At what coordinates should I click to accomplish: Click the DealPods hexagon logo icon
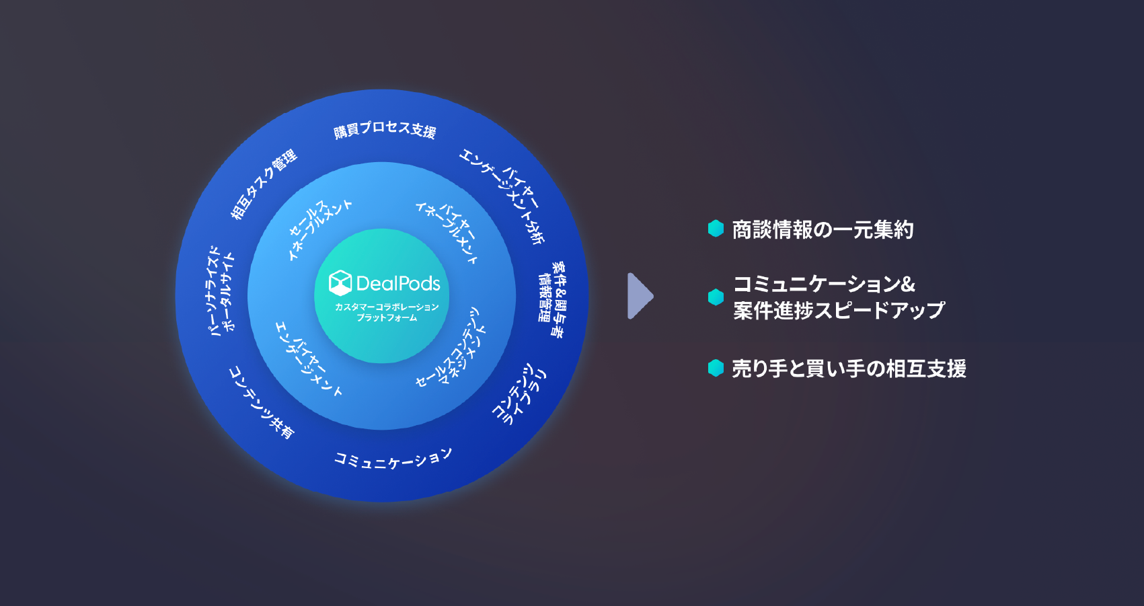(x=340, y=283)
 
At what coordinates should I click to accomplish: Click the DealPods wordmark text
(x=398, y=284)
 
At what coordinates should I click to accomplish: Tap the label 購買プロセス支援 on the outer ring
(x=385, y=129)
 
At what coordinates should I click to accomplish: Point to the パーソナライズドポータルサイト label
(x=221, y=291)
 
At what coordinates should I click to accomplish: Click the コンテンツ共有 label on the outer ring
(x=262, y=402)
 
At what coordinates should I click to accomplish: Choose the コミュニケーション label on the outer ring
(x=393, y=459)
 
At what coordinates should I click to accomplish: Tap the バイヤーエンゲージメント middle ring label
(x=309, y=357)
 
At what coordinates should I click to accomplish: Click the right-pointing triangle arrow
(x=640, y=296)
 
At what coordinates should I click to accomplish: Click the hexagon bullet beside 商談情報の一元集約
(x=716, y=229)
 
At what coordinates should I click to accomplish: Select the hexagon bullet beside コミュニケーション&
(x=716, y=297)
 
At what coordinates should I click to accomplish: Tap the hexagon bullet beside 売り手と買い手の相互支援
(x=716, y=368)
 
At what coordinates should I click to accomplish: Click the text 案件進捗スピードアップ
(x=839, y=310)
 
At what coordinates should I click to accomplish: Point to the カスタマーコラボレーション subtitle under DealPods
(x=387, y=307)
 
